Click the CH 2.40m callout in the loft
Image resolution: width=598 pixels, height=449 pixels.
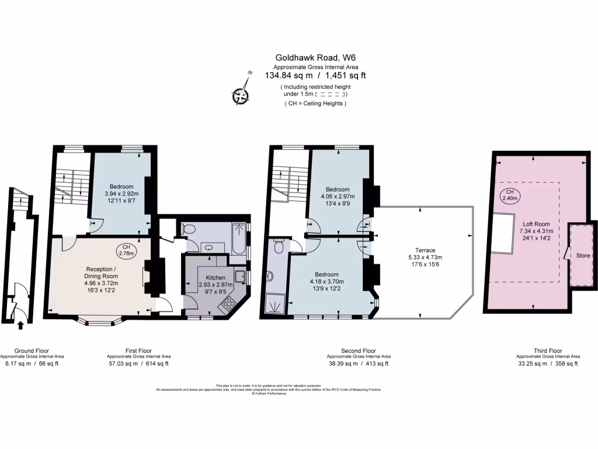pos(510,195)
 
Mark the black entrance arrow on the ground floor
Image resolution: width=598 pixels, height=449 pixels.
pos(21,324)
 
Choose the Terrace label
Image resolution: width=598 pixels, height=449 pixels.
pos(422,251)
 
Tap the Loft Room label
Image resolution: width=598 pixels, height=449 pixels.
pos(536,223)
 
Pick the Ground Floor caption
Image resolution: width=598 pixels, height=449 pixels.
pos(32,351)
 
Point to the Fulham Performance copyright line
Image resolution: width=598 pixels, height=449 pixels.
pos(269,393)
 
